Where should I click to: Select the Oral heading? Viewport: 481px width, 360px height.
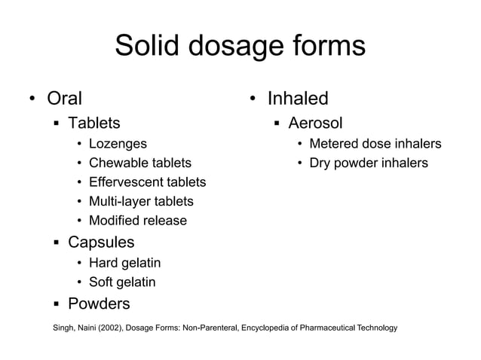click(x=65, y=98)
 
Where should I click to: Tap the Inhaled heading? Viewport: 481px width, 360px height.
click(x=299, y=98)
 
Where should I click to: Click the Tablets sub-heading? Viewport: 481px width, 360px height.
click(x=93, y=123)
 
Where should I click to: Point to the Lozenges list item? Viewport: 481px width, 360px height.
click(x=118, y=143)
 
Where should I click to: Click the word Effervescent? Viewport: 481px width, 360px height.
click(x=125, y=182)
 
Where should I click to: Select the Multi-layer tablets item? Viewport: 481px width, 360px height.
click(x=141, y=201)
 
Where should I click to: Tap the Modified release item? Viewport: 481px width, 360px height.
click(x=138, y=221)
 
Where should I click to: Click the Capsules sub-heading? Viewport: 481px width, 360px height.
click(x=101, y=243)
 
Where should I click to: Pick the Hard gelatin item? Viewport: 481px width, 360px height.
click(x=124, y=263)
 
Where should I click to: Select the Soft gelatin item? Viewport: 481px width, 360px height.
click(x=122, y=282)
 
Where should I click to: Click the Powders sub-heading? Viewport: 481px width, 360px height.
click(x=99, y=304)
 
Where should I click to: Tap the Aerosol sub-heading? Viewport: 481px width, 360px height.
click(x=315, y=123)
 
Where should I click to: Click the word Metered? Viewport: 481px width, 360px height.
click(x=334, y=143)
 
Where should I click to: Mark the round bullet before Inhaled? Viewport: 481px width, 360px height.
click(x=255, y=99)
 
